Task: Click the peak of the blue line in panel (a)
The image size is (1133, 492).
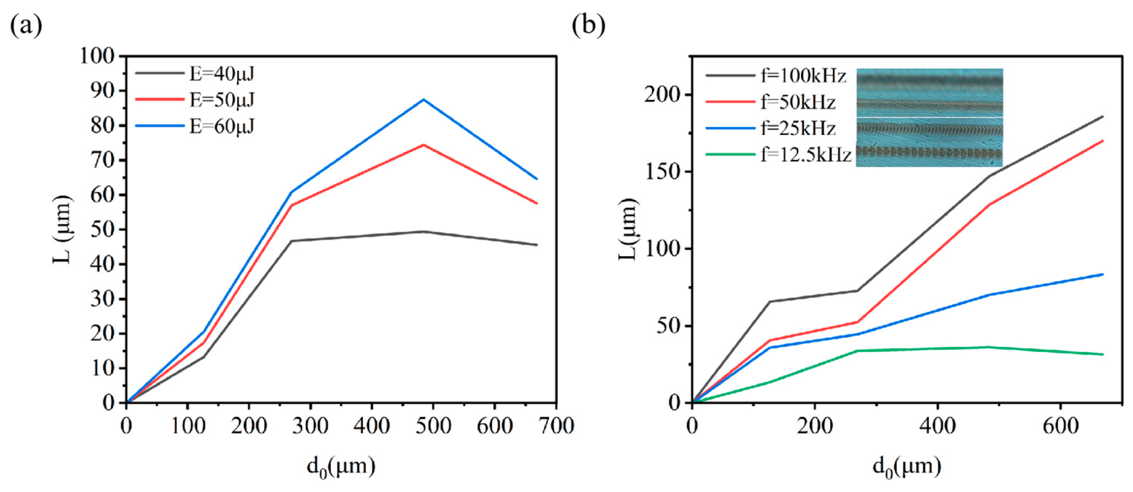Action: [424, 99]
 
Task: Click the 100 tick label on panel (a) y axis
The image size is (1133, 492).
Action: [96, 57]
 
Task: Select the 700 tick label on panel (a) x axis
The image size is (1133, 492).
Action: [556, 426]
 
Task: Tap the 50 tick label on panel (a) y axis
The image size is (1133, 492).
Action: [102, 230]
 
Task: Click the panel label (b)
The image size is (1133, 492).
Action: [588, 26]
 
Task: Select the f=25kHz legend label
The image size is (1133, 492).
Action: [798, 129]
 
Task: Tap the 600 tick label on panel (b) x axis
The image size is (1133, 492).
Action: [1060, 426]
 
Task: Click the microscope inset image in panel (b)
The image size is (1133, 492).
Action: [929, 118]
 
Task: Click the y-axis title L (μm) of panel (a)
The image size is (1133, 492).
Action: [62, 229]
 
